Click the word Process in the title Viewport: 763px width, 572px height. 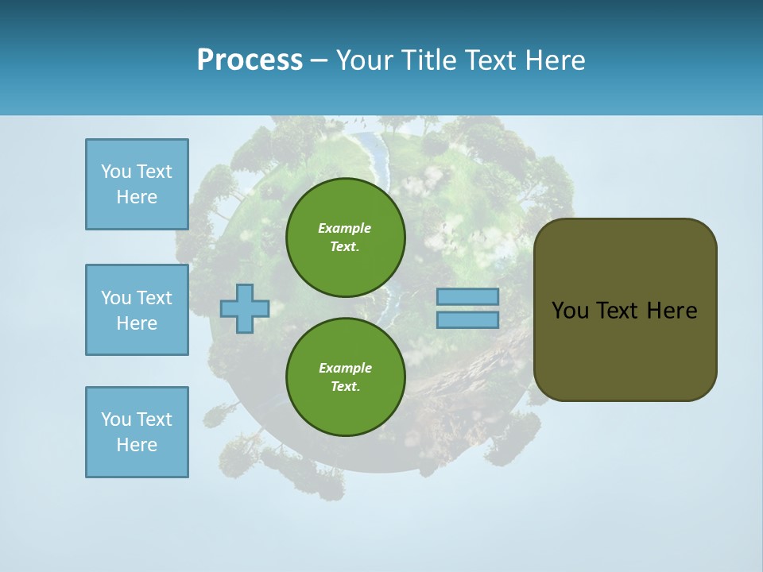(250, 60)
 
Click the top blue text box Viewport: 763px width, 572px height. (137, 184)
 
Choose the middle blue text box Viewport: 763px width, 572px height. (137, 310)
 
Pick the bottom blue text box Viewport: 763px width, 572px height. (137, 432)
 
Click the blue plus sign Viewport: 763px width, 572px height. (245, 308)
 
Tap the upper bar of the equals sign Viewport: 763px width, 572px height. (467, 296)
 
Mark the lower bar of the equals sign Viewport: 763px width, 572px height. (467, 319)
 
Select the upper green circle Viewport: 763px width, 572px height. (345, 238)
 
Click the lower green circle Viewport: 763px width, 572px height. (345, 377)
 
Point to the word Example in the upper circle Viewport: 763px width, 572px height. (345, 228)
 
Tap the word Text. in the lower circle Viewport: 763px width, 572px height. (345, 386)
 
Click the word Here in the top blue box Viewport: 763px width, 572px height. (137, 197)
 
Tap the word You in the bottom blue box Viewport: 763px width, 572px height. (116, 419)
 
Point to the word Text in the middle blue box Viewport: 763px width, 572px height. (154, 298)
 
